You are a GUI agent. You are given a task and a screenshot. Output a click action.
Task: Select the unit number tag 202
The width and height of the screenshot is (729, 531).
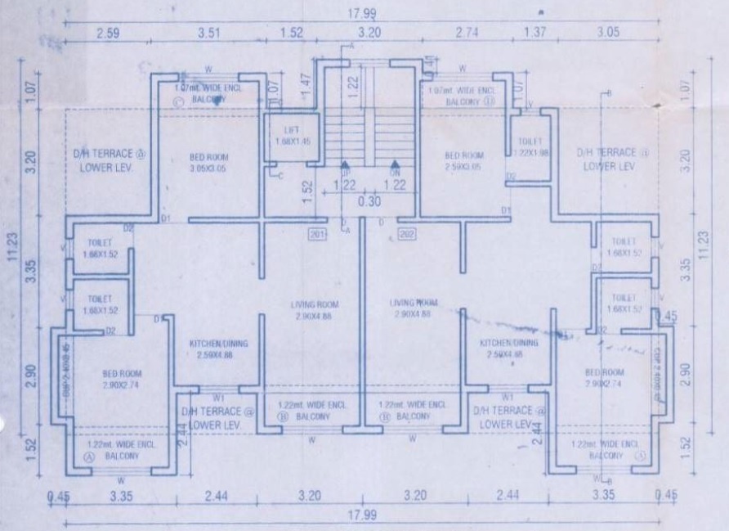pos(406,236)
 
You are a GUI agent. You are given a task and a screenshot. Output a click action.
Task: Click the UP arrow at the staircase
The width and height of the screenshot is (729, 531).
pos(345,166)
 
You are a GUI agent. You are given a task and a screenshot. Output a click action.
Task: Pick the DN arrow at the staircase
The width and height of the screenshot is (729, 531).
pos(396,166)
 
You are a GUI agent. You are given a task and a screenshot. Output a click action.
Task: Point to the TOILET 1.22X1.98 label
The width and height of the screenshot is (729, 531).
pos(532,146)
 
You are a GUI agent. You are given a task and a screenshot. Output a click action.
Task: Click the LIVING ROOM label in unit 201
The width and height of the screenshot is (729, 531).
pos(315,309)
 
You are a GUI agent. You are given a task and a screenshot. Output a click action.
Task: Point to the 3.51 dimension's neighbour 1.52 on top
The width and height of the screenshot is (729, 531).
pos(292,34)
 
